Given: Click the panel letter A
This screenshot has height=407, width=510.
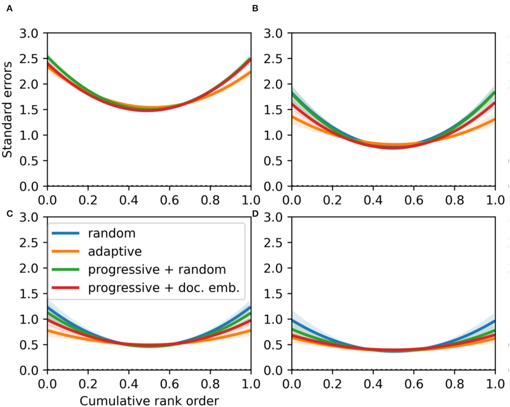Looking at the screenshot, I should coord(9,9).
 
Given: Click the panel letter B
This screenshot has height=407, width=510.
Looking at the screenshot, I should coord(255,9).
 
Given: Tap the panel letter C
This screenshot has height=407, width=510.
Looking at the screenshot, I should coord(9,214).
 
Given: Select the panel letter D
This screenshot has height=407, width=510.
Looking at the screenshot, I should coord(255,214).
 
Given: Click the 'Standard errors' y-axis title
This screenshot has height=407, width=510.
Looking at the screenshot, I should coord(7,109).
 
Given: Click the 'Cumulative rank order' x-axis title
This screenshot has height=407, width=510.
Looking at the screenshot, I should coord(149,401).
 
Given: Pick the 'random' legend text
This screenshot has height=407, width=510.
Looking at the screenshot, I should coord(112,233).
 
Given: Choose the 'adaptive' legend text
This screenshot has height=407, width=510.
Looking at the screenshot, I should coord(115,252).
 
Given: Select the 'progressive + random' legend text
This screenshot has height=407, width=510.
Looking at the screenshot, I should coord(157,270).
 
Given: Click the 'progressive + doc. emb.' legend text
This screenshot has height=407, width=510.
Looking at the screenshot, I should coord(164,288).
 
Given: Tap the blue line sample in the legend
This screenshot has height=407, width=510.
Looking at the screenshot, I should coord(66,233).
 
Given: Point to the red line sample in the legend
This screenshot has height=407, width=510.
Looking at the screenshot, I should coord(66,288).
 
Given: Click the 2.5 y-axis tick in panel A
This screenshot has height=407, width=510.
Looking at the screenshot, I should coord(29,59).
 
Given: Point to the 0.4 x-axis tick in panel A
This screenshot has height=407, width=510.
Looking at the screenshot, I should coord(129,200).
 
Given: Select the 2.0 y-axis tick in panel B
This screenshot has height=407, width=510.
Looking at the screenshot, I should coord(273,84).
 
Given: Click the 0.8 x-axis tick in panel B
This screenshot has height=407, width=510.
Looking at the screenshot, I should coord(454,200).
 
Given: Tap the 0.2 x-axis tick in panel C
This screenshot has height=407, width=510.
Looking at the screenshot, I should coord(88,384).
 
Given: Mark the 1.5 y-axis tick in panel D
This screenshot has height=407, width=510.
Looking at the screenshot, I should coord(273,294).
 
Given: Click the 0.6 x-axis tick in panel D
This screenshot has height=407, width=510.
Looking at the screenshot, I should coord(414,384).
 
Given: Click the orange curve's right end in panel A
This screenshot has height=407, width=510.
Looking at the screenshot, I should coord(250,72).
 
